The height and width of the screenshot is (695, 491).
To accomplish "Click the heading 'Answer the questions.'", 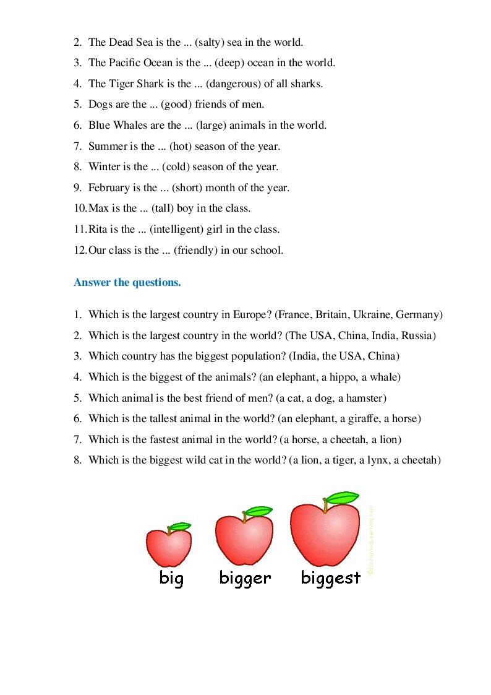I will coord(127,283).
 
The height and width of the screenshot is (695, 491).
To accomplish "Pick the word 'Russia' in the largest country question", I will coord(417,335).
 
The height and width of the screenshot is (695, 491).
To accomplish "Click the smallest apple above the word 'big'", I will coord(168,545).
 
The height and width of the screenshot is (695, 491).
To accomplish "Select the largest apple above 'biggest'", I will coord(325,533).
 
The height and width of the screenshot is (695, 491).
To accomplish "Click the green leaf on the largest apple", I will coord(342,497).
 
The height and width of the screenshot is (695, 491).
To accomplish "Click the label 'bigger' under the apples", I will coord(245,578).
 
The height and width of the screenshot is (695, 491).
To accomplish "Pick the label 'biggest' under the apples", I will coord(330,578).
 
